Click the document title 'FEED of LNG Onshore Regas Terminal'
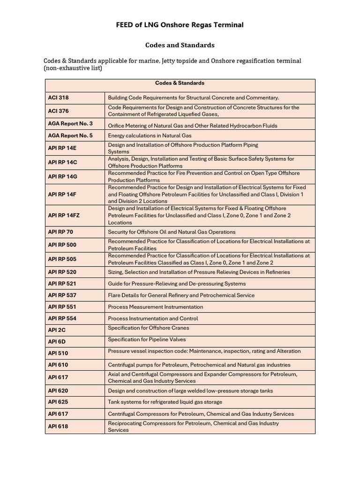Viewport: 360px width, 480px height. coord(180,25)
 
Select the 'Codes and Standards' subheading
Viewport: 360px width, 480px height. coord(180,45)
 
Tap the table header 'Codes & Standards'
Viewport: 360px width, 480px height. coord(180,83)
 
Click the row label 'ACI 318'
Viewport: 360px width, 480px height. coord(58,97)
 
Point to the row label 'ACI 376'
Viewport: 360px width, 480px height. coord(58,111)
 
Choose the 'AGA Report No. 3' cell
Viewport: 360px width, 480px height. coord(70,124)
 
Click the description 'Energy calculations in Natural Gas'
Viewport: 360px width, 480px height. coord(153,135)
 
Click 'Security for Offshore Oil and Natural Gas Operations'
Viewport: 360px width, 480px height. coord(172,232)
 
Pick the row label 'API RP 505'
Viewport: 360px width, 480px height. coord(62,259)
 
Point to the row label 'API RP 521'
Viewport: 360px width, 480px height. coord(62,284)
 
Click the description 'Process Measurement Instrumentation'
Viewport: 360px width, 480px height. coord(155,307)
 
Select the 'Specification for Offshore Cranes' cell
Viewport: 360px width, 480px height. coord(149,328)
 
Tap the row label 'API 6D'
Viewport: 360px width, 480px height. coord(57,342)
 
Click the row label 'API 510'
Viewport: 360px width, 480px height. coord(58,353)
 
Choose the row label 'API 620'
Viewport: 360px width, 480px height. coord(58,390)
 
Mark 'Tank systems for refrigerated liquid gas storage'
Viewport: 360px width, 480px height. coord(165,402)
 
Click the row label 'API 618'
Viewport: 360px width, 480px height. coord(58,427)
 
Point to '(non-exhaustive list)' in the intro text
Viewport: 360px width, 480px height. coord(73,68)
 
